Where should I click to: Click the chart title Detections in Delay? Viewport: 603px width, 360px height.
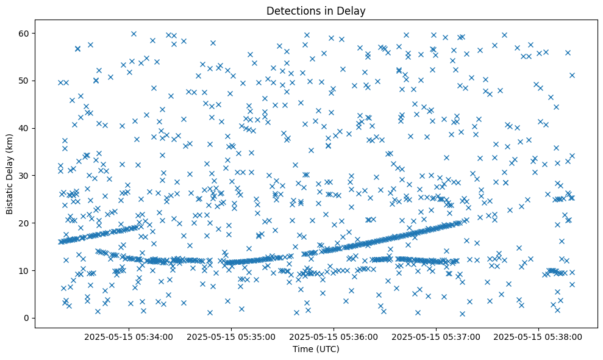[316, 10]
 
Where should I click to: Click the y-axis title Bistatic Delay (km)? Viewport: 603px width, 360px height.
[10, 174]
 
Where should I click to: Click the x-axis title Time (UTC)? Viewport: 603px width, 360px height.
[316, 349]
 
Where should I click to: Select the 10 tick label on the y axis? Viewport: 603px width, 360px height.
[26, 270]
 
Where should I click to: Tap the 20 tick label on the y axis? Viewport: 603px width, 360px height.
[26, 223]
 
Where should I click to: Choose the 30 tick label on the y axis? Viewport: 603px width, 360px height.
[26, 175]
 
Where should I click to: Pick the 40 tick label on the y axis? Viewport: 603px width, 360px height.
[26, 128]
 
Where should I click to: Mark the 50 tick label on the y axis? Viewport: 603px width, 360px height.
[26, 80]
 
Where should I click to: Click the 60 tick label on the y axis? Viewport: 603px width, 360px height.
[26, 32]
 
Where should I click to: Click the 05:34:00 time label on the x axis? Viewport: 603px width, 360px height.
[129, 336]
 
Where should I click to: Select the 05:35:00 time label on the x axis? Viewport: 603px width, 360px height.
[231, 336]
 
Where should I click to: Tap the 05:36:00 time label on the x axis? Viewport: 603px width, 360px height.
[334, 336]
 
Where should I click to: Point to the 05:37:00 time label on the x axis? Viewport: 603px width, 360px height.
[436, 336]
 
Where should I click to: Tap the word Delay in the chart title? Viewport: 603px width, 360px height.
[353, 10]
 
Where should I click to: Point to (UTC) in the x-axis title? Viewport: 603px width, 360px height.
[327, 349]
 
